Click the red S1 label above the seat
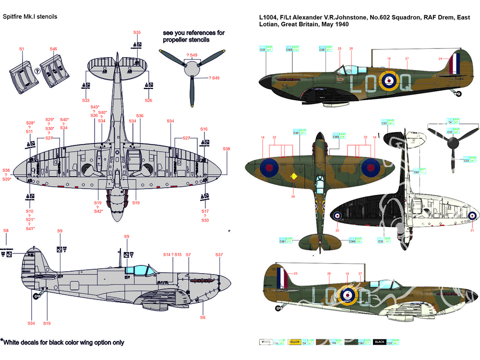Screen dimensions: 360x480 pyautogui.click(x=22, y=49)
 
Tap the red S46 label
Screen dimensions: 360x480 pyautogui.click(x=53, y=49)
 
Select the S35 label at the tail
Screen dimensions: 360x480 pyautogui.click(x=137, y=32)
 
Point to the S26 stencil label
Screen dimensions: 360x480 pyautogui.click(x=148, y=100)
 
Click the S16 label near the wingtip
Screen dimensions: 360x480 pyautogui.click(x=204, y=129)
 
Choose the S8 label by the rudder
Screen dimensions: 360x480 pyautogui.click(x=6, y=231)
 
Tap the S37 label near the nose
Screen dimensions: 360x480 pyautogui.click(x=219, y=255)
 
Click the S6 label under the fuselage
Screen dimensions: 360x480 pyautogui.click(x=203, y=317)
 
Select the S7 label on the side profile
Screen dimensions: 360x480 pyautogui.click(x=188, y=254)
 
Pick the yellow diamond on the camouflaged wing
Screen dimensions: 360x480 pyautogui.click(x=294, y=177)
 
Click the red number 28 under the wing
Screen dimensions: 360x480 pyautogui.click(x=293, y=196)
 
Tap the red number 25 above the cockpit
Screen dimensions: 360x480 pyautogui.click(x=339, y=48)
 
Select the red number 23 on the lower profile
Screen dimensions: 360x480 pyautogui.click(x=296, y=274)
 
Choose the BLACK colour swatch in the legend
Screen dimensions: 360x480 pyautogui.click(x=380, y=342)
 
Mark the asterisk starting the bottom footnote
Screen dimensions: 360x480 pyautogui.click(x=2, y=340)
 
